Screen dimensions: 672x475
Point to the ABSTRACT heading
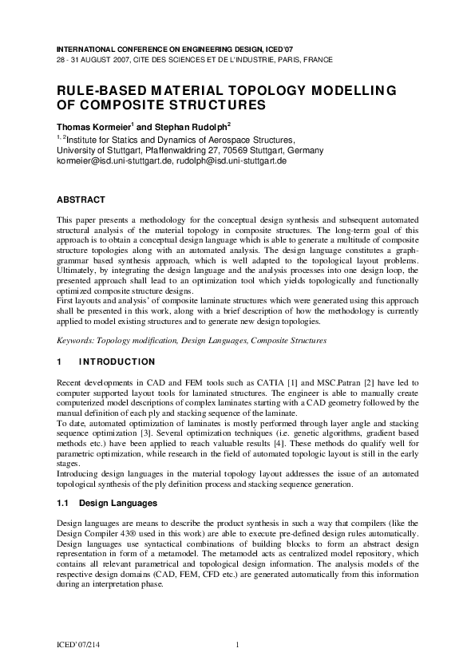[81, 199]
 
